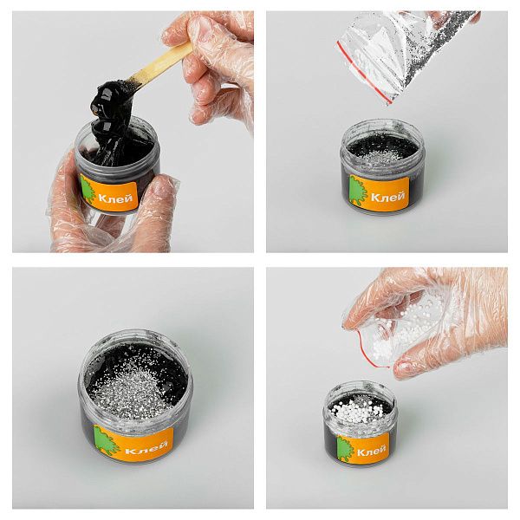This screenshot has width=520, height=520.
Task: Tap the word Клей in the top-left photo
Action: (115, 198)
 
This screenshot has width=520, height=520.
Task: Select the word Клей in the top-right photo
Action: (387, 198)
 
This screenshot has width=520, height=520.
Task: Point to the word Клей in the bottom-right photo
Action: (372, 450)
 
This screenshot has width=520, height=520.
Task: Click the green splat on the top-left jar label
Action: (88, 189)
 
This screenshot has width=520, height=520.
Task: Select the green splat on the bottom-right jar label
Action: (346, 448)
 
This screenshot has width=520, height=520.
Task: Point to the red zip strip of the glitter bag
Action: (363, 71)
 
